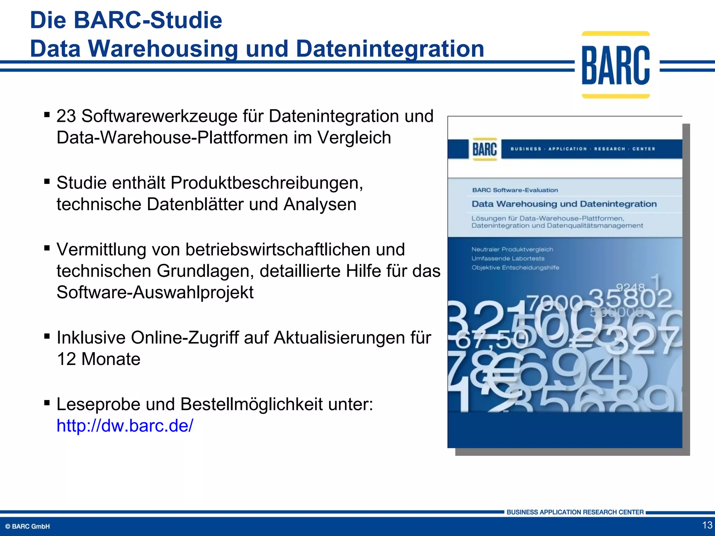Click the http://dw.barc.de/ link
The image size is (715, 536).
point(125,426)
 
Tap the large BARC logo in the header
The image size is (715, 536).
point(616,65)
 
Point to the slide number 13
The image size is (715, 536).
point(707,525)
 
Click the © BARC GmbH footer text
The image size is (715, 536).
point(28,527)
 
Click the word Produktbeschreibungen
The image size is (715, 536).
point(267,183)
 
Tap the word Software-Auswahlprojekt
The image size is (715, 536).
point(155,292)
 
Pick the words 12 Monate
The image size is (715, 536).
point(98,359)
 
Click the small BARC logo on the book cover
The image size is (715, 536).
point(485,149)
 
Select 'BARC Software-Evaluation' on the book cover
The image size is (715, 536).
point(515,190)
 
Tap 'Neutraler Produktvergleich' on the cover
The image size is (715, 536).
point(512,250)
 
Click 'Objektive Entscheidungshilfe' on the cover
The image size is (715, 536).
point(515,268)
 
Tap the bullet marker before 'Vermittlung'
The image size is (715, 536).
point(47,248)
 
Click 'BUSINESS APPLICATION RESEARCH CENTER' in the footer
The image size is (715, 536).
point(575,512)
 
